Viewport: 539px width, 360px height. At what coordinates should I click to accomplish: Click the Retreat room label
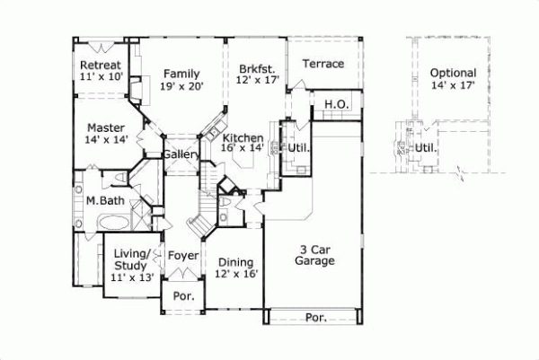(x=101, y=66)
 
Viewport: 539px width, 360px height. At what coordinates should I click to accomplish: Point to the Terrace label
(x=323, y=64)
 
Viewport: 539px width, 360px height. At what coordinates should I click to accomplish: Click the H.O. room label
(x=336, y=105)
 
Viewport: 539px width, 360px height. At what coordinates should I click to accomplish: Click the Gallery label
(x=181, y=155)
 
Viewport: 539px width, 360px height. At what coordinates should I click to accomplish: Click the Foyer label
(x=182, y=256)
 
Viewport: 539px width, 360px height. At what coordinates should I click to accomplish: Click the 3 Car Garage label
(x=314, y=254)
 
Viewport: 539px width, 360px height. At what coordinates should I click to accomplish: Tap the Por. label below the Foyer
(x=183, y=294)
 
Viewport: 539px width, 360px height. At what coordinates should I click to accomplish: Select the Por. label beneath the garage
(x=314, y=318)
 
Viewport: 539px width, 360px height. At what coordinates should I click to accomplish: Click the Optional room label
(x=453, y=73)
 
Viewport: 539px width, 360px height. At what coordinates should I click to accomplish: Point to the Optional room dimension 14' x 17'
(x=453, y=85)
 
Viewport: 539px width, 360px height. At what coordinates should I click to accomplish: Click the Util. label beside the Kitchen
(x=299, y=146)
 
